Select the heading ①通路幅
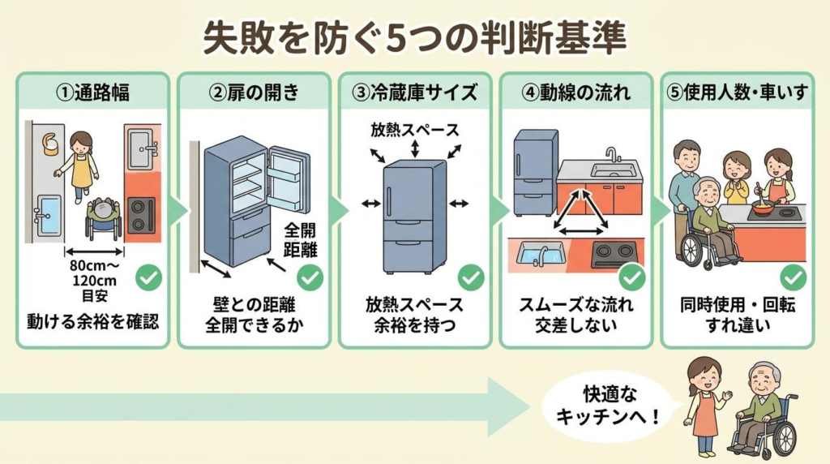tap(92, 92)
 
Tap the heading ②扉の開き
tap(253, 92)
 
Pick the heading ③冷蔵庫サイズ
tap(414, 92)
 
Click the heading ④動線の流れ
tap(575, 92)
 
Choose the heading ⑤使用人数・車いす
tap(737, 92)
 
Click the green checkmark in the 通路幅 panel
tap(148, 278)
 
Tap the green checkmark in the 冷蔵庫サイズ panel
tap(471, 278)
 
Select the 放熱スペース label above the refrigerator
tap(414, 130)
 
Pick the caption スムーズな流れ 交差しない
tap(575, 315)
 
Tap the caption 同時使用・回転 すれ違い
tap(737, 315)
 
